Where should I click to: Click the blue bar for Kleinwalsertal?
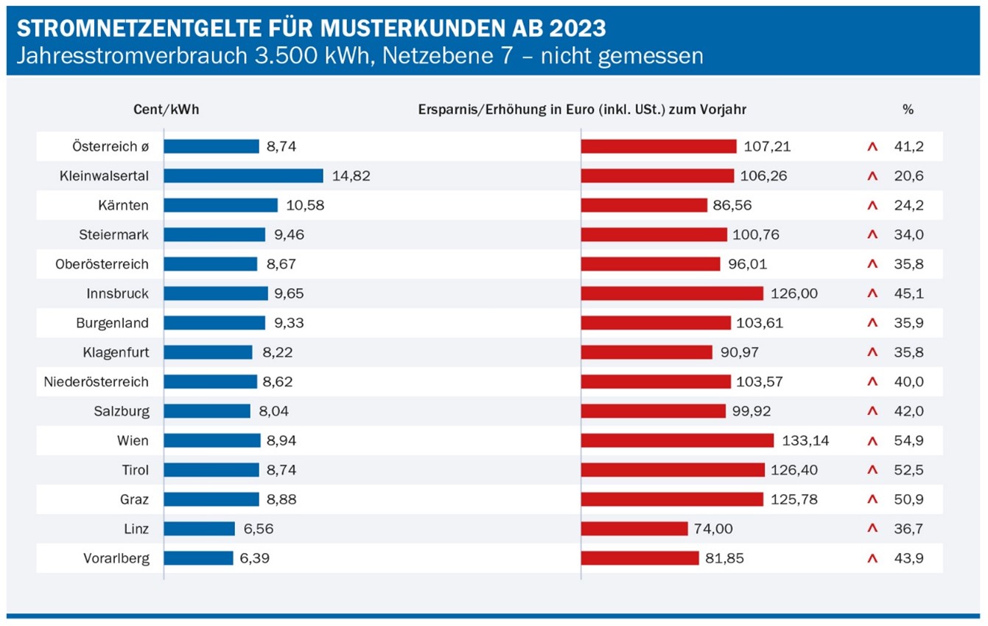243,175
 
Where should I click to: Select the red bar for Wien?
677,440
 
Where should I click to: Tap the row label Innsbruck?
117,293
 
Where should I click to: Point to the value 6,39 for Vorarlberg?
254,558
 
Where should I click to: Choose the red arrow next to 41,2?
873,147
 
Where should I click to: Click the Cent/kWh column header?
167,109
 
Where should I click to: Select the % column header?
908,109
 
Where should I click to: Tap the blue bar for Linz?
199,529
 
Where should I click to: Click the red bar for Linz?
634,529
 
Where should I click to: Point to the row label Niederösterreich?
96,382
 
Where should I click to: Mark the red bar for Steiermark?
654,234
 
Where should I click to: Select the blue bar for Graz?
211,499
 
